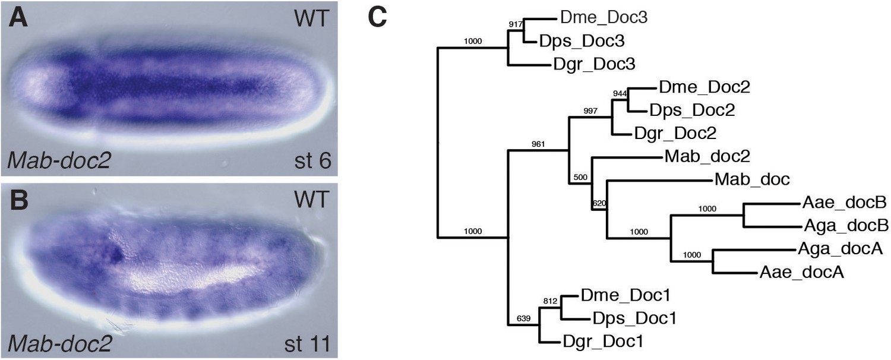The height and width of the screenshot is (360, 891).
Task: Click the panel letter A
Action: [x=18, y=18]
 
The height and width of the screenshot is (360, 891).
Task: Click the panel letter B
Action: [x=19, y=200]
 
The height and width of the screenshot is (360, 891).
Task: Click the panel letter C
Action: [x=377, y=18]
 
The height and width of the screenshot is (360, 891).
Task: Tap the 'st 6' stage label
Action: [x=312, y=161]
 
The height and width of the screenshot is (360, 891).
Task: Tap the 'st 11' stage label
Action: [x=308, y=344]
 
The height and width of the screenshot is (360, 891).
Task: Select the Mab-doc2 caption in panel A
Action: [x=59, y=161]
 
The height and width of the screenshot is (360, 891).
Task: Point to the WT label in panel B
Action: [x=312, y=199]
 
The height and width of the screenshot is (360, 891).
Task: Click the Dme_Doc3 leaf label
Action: [x=604, y=17]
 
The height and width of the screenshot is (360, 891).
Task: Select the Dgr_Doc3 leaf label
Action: [x=594, y=64]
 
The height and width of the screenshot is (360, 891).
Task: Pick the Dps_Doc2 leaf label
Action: [x=692, y=110]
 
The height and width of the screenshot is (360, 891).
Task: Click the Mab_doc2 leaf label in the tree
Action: [x=707, y=156]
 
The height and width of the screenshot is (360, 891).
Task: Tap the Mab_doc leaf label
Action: [x=752, y=179]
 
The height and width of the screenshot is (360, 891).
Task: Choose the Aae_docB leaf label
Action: [x=845, y=203]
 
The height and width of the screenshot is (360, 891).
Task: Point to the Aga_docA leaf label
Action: [x=841, y=249]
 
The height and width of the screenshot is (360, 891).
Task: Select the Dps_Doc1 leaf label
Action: [x=634, y=318]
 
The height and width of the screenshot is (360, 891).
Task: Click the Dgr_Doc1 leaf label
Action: [x=603, y=342]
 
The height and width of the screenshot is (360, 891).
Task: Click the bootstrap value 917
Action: [x=516, y=24]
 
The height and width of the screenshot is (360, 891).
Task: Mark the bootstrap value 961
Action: [x=538, y=144]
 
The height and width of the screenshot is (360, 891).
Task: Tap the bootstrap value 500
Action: [x=580, y=177]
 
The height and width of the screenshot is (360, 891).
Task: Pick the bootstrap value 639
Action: [x=523, y=318]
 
